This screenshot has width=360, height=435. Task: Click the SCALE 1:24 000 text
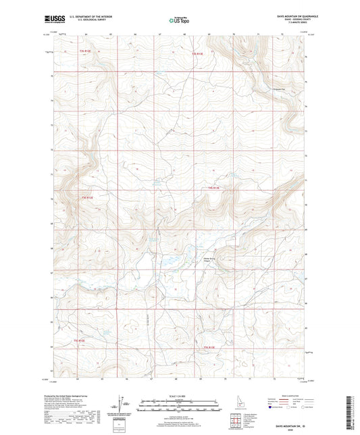[x=180, y=396]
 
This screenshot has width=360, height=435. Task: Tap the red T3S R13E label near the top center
[x=197, y=53]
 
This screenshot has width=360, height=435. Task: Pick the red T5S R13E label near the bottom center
[x=209, y=347]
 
